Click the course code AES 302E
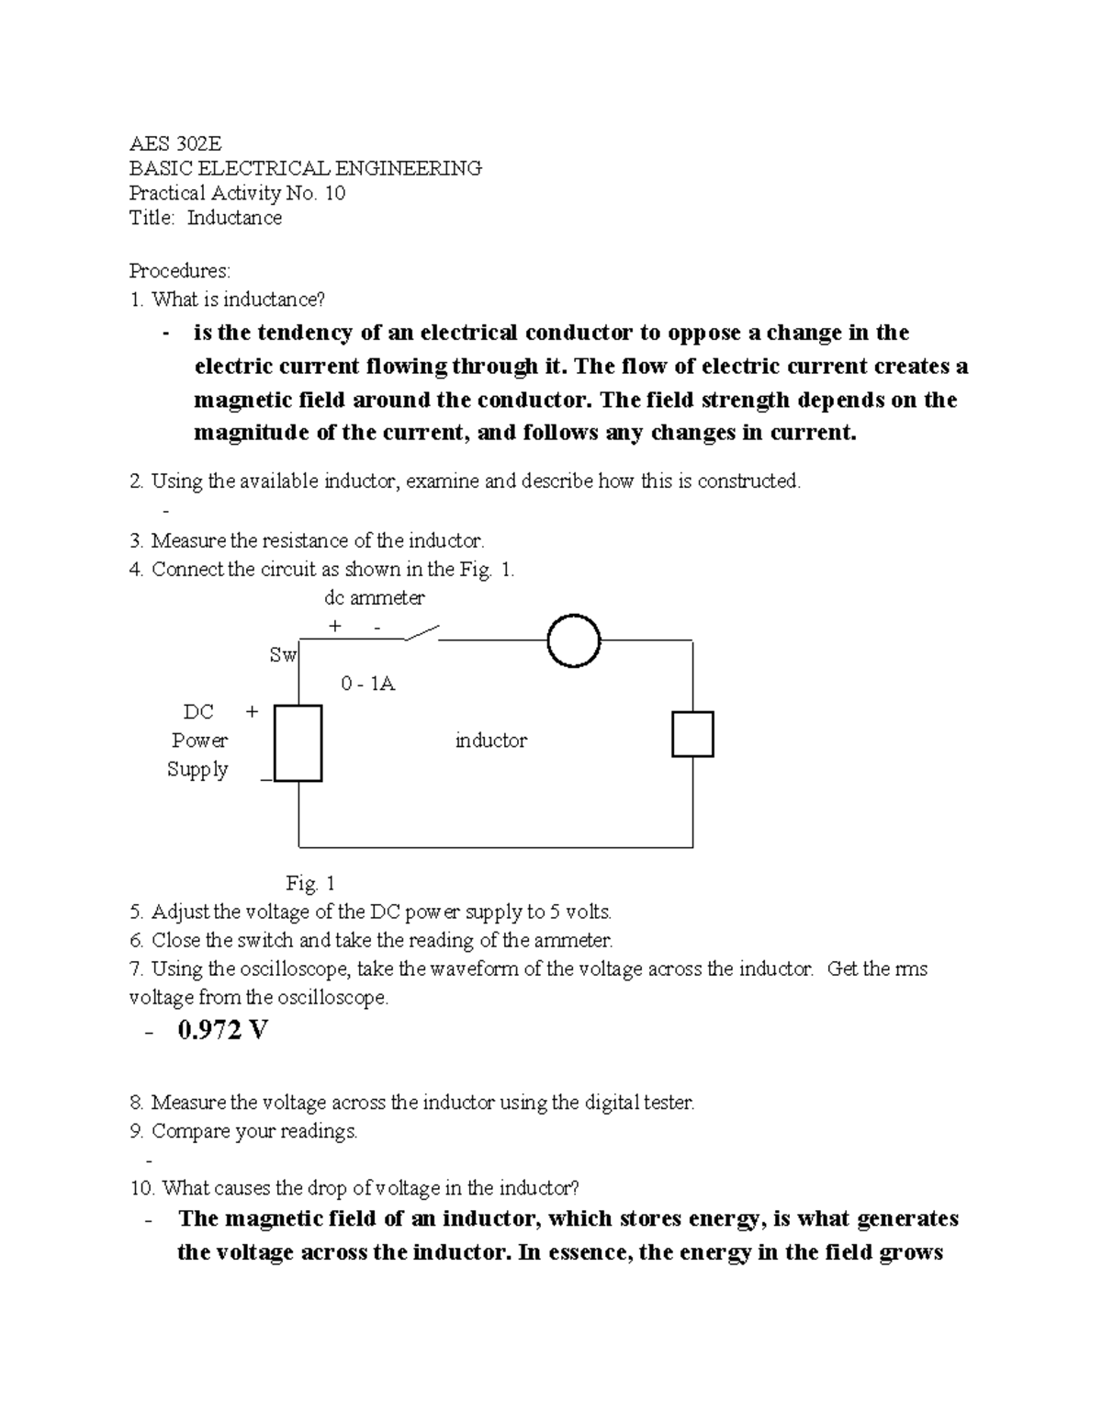[x=175, y=143]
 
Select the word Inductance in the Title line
[x=234, y=218]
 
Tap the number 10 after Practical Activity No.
[x=334, y=193]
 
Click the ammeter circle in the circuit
[x=573, y=640]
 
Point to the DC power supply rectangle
[x=298, y=742]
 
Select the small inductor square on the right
[x=692, y=734]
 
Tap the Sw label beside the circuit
[x=283, y=655]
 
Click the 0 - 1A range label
[x=367, y=684]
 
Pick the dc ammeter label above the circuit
[x=375, y=598]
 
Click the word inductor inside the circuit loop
[x=491, y=741]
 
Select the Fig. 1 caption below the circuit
[x=310, y=883]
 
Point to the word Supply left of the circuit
[x=197, y=769]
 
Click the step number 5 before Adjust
[x=136, y=912]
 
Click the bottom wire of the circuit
[x=496, y=846]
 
